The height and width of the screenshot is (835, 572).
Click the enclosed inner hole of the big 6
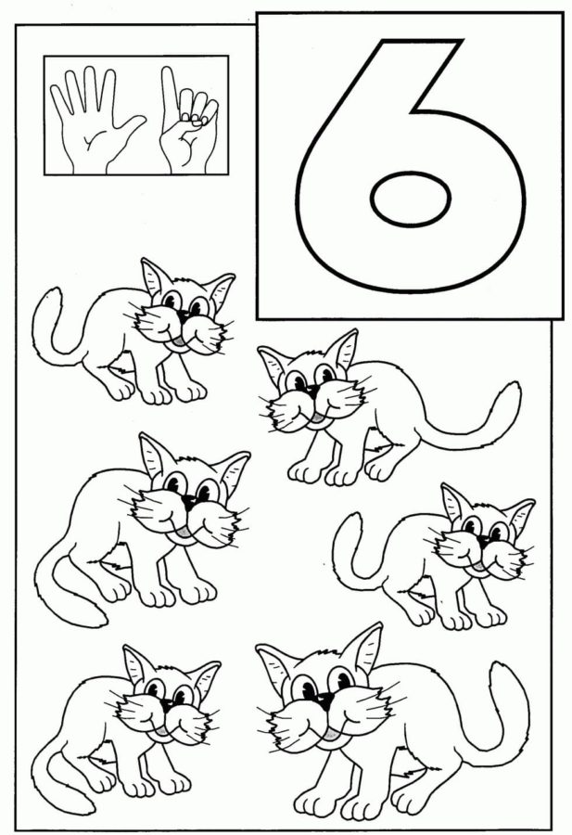click(412, 200)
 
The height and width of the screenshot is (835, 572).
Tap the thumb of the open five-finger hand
click(135, 125)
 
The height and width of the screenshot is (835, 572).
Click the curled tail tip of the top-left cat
click(53, 295)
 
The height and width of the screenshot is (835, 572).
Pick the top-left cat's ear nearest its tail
click(154, 273)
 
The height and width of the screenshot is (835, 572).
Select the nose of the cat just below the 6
click(307, 393)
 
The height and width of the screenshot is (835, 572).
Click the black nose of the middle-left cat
click(189, 502)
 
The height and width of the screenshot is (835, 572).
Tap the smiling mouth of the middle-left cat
click(185, 531)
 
